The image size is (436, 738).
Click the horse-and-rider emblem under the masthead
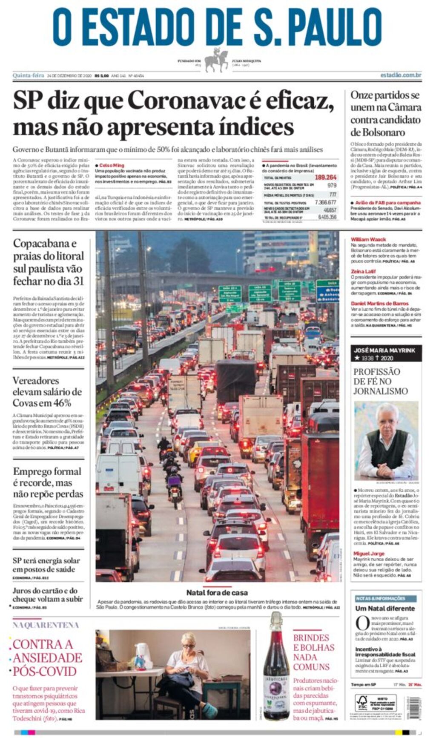[216, 61]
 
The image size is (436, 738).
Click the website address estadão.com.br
[401, 75]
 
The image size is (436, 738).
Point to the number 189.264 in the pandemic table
[326, 178]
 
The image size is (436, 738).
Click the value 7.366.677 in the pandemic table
[325, 203]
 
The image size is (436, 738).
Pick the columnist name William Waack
[368, 239]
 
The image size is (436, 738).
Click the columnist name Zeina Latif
[363, 271]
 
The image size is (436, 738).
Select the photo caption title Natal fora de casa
[217, 592]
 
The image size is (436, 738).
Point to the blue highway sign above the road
[327, 292]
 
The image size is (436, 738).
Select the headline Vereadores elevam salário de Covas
[47, 391]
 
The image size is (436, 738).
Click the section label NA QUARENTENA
[46, 625]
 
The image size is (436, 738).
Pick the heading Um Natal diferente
[385, 609]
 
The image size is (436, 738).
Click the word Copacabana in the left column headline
[44, 244]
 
